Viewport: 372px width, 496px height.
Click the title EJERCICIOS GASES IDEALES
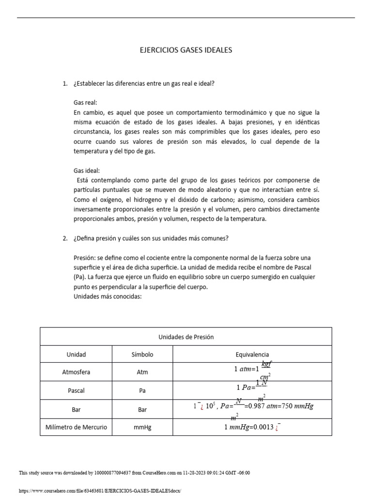186,50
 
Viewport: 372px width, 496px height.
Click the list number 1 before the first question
65,83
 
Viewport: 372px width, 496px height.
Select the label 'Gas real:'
85,103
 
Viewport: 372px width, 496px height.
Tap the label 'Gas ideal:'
87,170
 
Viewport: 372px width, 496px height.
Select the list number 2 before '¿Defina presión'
65,238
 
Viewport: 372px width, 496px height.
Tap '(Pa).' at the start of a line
80,277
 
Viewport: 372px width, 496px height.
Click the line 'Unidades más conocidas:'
107,296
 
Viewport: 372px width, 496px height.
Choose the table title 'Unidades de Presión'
186,337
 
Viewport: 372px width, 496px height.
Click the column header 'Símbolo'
142,355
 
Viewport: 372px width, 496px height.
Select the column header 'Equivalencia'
252,355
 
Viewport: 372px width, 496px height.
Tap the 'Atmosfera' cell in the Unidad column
76,372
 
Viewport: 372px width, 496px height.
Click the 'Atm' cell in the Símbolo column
142,372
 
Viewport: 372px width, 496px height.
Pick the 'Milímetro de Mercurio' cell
76,427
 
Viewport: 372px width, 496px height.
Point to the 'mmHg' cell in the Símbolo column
142,427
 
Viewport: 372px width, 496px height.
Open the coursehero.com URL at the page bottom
99,491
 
